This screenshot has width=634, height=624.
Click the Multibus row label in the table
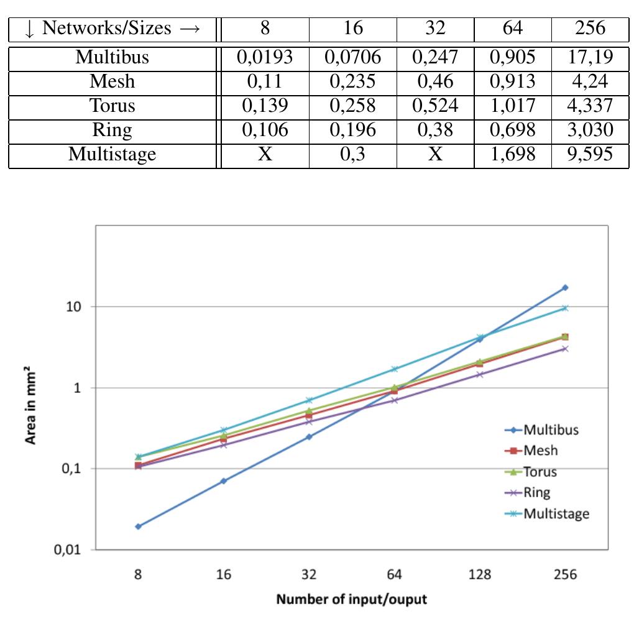tap(112, 57)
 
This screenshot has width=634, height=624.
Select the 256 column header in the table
tap(590, 28)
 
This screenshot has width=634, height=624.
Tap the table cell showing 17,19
tap(590, 57)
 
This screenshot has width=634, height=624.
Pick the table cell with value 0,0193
tap(265, 57)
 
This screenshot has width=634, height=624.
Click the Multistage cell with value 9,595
tap(590, 154)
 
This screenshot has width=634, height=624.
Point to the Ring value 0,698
tap(512, 129)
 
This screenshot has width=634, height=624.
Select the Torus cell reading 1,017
tap(512, 105)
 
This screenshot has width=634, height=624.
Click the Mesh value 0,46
tap(435, 81)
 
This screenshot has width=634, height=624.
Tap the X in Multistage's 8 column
tap(265, 154)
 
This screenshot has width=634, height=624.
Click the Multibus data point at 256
tap(565, 288)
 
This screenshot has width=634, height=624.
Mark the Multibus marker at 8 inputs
tap(138, 526)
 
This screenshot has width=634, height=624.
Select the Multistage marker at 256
tap(565, 308)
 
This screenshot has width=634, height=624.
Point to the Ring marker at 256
tap(565, 349)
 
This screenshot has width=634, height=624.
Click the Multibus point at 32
tap(309, 437)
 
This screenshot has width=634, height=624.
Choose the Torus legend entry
tap(540, 472)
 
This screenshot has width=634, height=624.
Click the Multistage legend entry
tap(556, 513)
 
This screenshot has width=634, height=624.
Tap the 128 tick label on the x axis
tap(479, 574)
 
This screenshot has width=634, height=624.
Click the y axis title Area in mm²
tap(31, 407)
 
